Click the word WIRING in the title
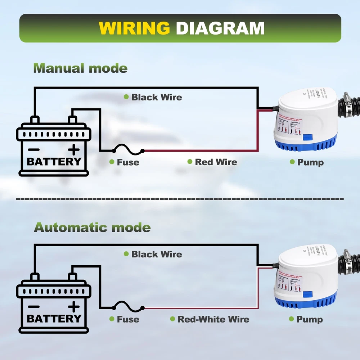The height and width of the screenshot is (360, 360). tap(134, 28)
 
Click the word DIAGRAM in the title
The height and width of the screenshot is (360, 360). tap(220, 28)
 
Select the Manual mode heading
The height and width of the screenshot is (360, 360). tap(80, 68)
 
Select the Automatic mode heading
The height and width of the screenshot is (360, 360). tap(92, 228)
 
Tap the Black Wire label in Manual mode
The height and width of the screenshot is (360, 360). tap(157, 97)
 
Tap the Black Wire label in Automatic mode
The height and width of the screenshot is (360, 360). tap(157, 254)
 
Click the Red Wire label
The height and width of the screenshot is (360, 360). tap(216, 162)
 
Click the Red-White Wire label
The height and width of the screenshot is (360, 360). tap(213, 319)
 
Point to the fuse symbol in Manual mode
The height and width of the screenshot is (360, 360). tap(128, 149)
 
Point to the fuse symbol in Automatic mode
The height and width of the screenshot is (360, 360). tap(128, 306)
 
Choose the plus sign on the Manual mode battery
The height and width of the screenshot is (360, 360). tap(74, 149)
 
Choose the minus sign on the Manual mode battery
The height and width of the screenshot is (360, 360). tap(34, 149)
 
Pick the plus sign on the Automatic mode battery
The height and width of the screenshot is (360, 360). tap(74, 306)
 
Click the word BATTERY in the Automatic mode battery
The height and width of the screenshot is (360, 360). tap(54, 319)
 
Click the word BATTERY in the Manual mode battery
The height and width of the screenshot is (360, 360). tap(54, 161)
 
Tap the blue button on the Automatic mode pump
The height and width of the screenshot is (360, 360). tap(308, 295)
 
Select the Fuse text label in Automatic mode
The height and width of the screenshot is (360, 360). tap(128, 319)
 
